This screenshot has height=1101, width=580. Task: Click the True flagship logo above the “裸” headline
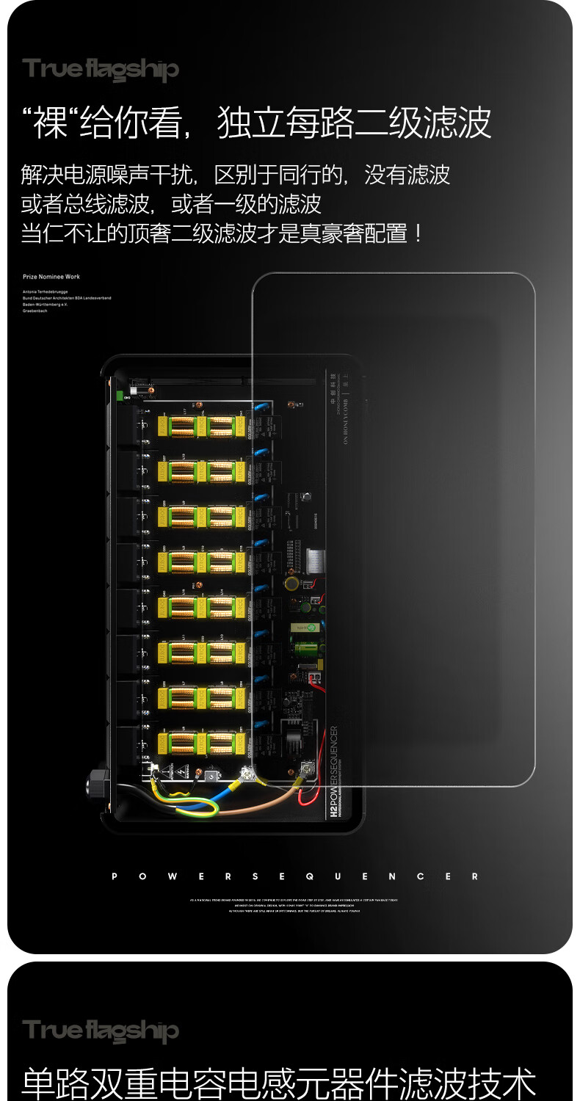(x=101, y=70)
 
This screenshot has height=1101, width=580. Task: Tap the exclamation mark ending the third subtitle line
(x=418, y=234)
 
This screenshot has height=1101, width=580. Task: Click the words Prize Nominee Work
(x=51, y=277)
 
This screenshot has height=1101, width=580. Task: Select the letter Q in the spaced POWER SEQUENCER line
(x=309, y=876)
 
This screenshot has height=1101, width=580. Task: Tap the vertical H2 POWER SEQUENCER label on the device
(x=334, y=771)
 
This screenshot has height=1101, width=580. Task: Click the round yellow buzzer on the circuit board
(x=291, y=584)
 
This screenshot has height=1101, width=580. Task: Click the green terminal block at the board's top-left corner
(x=119, y=396)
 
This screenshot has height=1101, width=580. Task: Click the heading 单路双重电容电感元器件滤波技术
(x=279, y=1083)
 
